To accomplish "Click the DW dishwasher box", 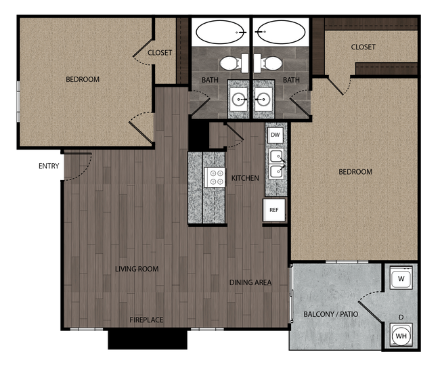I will tap(275, 135).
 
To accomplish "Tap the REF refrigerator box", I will tap(274, 210).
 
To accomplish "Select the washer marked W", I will tap(401, 279).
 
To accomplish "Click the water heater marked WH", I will tap(401, 335).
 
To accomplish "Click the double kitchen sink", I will tap(276, 164).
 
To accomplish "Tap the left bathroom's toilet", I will tap(229, 64).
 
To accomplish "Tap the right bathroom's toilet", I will tap(273, 64).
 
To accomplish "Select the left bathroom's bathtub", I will tap(221, 31).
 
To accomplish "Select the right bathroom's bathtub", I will tap(281, 31).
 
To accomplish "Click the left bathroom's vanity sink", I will tap(240, 100).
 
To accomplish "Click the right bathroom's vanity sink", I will tap(263, 100).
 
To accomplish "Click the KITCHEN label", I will tap(245, 178).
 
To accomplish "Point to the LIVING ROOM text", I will tap(137, 269).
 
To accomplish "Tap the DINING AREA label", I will tap(250, 282).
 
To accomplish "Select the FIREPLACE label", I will tap(147, 320).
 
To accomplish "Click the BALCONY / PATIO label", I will tap(330, 315).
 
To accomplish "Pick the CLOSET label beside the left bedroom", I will tap(160, 53).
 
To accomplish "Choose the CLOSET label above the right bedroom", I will tap(363, 47).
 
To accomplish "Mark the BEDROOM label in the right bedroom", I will tap(355, 172).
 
